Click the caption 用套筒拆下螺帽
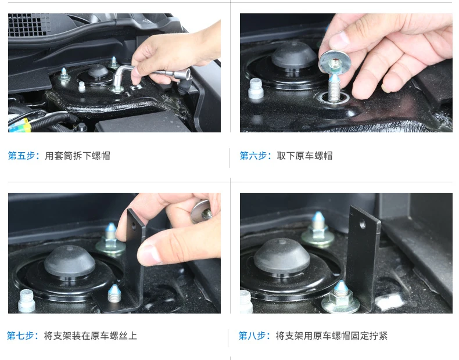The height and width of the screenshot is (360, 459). coord(78,156)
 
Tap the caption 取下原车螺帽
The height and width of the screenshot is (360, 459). coord(304,156)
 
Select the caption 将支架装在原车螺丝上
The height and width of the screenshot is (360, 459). coord(91,336)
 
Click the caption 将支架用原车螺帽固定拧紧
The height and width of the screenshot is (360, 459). coord(332,336)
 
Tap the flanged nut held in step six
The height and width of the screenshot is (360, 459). coord(335,62)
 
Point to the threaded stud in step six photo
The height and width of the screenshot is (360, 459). coord(334,88)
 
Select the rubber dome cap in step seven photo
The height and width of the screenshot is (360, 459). coord(70,261)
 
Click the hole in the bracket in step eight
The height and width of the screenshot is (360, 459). coord(363,224)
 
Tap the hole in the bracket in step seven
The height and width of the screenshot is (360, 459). coord(134,226)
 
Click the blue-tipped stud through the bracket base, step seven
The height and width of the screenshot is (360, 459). coord(114,293)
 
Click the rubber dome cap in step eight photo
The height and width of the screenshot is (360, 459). coord(282,257)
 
